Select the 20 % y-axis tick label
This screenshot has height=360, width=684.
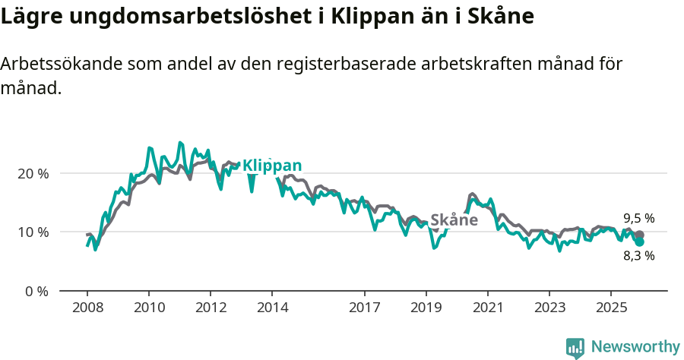33,173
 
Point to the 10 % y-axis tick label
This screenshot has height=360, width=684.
33,232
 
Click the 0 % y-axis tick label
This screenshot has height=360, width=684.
36,291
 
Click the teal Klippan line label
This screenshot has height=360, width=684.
271,166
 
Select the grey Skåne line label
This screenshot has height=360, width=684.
454,220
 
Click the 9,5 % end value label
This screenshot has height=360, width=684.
638,218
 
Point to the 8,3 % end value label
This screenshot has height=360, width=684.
638,256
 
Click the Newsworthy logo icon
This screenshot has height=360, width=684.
575,348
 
